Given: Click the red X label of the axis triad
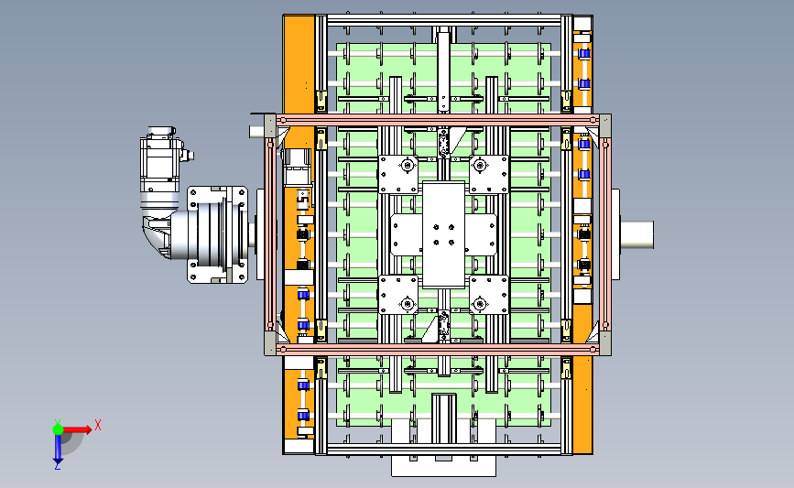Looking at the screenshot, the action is [98, 425].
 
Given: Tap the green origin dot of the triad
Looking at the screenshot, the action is [58, 429].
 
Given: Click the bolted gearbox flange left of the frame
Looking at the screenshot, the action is [218, 234].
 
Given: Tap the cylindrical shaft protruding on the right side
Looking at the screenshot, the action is [637, 235].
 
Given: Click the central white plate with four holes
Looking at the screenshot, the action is [443, 234].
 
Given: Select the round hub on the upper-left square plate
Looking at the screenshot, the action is [406, 165].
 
